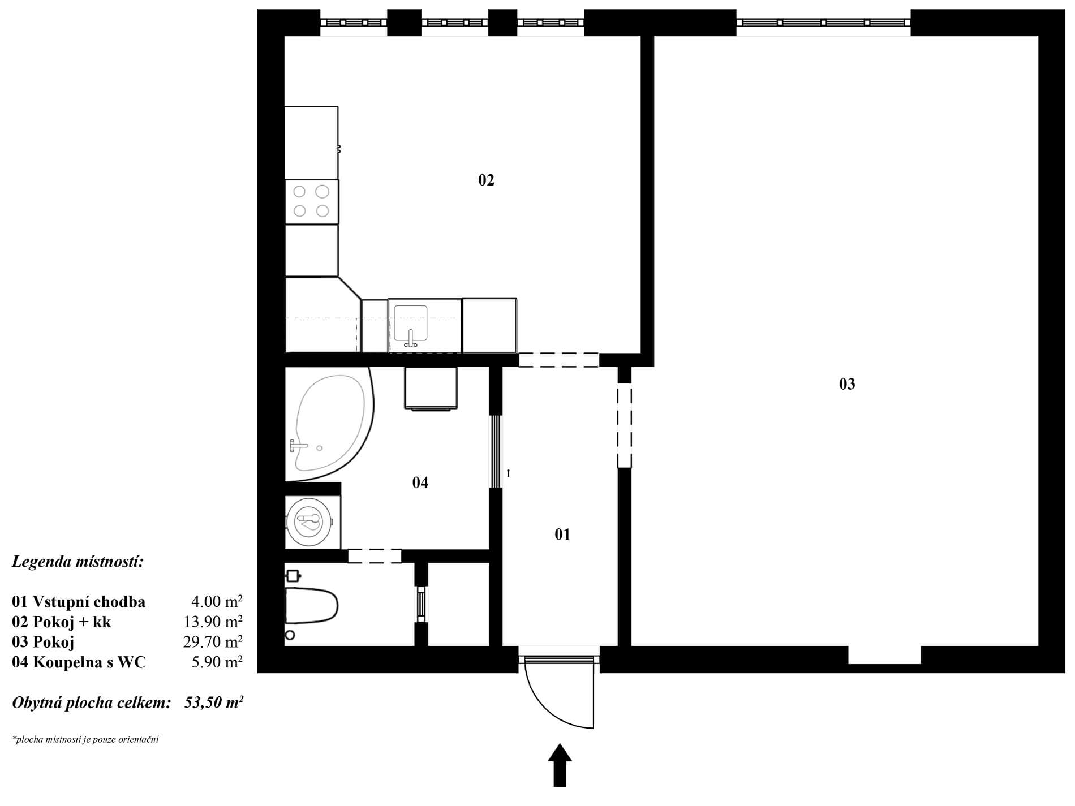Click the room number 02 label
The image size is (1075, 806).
point(486,180)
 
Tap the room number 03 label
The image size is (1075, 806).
point(847,385)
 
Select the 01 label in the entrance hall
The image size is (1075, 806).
point(562,535)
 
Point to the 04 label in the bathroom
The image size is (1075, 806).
point(420,482)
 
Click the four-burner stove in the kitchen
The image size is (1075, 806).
point(312,201)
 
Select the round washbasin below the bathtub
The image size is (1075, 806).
point(309,521)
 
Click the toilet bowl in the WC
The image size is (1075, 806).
point(312,606)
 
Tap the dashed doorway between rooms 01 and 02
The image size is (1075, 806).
point(559,360)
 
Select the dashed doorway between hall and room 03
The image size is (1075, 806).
point(625,425)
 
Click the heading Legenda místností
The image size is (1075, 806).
point(78,562)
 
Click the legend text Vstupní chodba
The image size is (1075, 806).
point(89,602)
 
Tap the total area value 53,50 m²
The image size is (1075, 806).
point(214,703)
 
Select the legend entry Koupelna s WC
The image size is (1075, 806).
point(89,662)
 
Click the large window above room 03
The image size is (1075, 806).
point(824,23)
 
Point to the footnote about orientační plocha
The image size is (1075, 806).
point(85,739)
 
